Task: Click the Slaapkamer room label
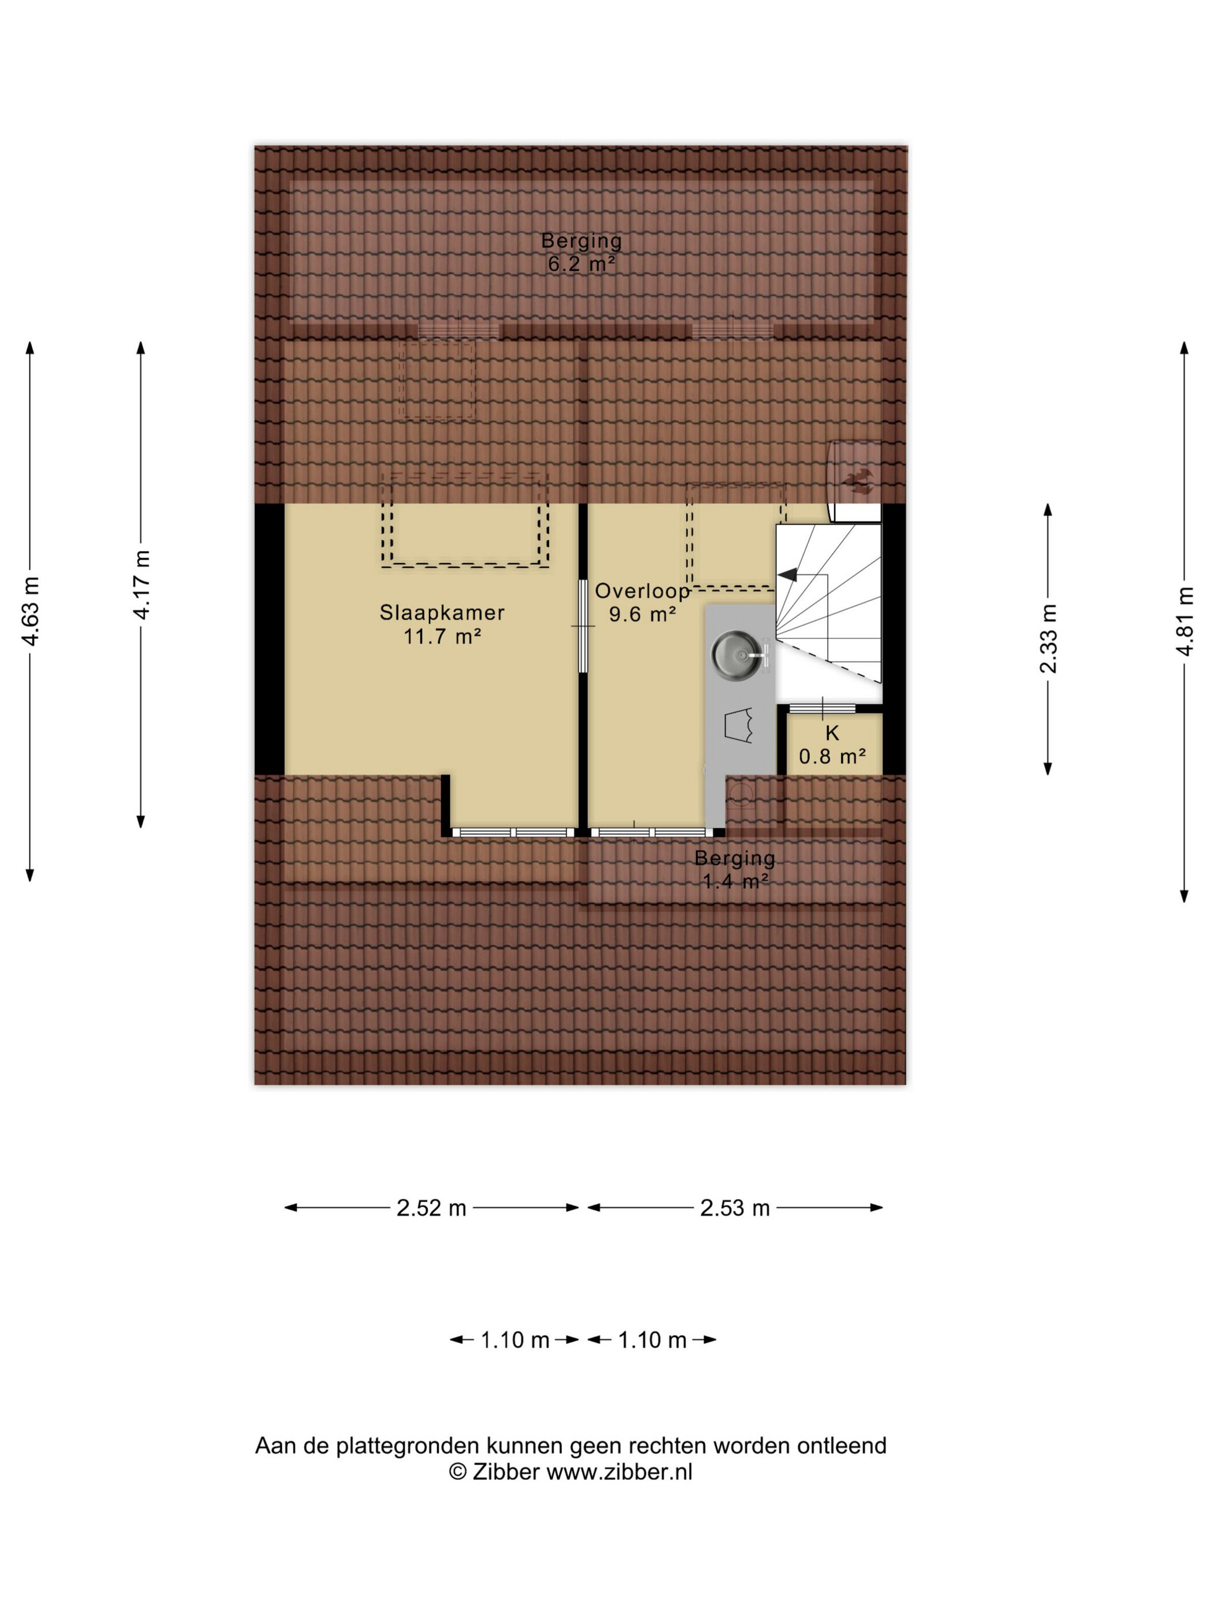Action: click(x=442, y=612)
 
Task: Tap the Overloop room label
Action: click(x=642, y=591)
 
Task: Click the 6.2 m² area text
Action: click(x=582, y=264)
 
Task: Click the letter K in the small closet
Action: click(x=832, y=733)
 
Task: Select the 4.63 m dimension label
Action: click(x=31, y=612)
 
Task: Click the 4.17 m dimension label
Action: click(x=141, y=585)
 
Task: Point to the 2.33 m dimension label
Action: click(x=1048, y=638)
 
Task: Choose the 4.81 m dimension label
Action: click(x=1185, y=622)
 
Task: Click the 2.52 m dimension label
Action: click(x=432, y=1208)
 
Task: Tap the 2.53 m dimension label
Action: click(x=735, y=1208)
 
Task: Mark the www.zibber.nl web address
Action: click(x=619, y=1471)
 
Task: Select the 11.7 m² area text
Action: click(x=442, y=636)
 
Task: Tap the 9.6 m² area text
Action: click(x=642, y=614)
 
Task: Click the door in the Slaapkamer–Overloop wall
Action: click(x=583, y=626)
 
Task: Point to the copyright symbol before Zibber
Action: click(x=458, y=1471)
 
